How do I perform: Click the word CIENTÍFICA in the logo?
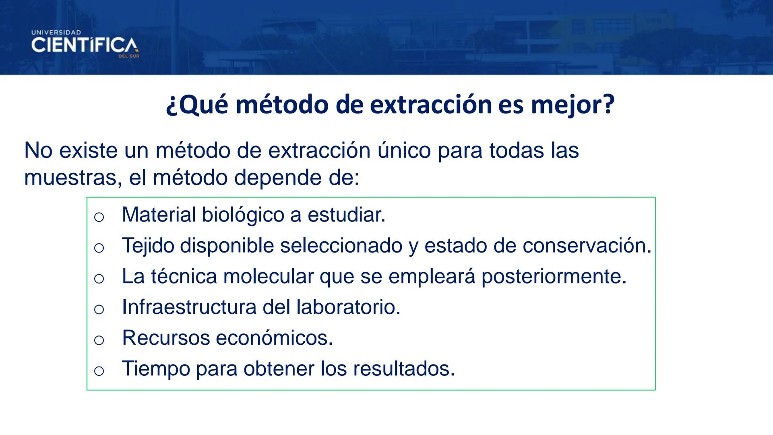(84, 46)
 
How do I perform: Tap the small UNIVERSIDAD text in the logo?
(56, 32)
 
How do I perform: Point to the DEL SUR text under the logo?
(129, 56)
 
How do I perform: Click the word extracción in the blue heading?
(431, 105)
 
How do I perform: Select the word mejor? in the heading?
(573, 105)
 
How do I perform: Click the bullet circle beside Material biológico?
(99, 217)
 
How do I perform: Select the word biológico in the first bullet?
(243, 215)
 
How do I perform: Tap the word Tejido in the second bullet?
(148, 246)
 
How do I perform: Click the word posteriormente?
(554, 276)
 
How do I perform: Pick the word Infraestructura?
(189, 307)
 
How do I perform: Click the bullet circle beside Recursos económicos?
(99, 340)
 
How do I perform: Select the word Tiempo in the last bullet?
(156, 369)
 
